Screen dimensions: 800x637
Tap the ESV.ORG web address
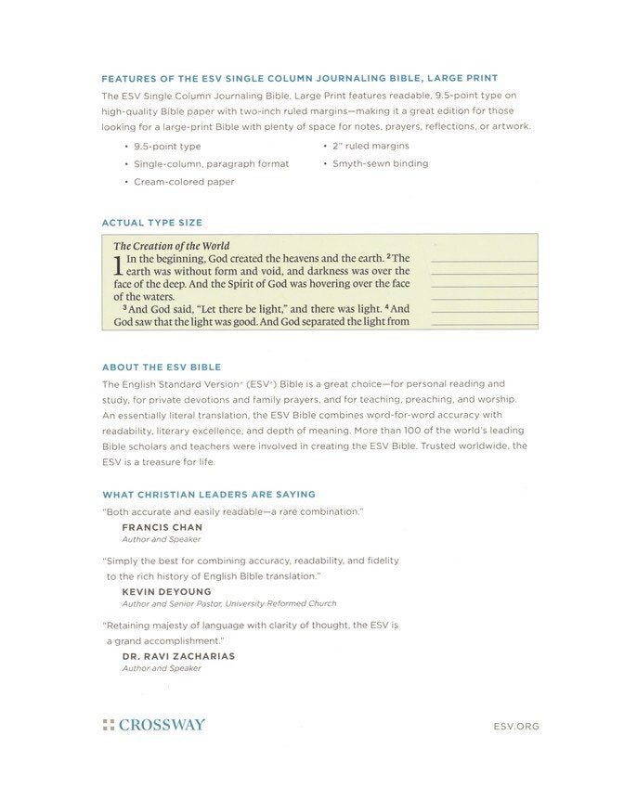point(517,726)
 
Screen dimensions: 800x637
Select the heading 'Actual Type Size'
point(151,223)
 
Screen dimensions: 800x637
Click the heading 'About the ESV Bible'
point(161,367)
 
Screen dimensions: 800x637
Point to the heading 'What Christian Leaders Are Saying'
point(208,495)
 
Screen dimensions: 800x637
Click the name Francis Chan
point(162,527)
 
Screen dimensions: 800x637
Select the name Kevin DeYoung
point(166,591)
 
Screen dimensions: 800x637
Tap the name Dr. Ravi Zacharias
point(178,655)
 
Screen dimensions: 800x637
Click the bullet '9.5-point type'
point(167,147)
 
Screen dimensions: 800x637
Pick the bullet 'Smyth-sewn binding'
point(380,163)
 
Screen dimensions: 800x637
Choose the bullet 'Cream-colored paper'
point(184,182)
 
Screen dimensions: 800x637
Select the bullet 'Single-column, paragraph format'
point(211,164)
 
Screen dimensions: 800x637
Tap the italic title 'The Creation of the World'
point(172,246)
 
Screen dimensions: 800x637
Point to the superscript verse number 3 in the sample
point(124,306)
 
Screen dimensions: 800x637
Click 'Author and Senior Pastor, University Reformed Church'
point(228,603)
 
